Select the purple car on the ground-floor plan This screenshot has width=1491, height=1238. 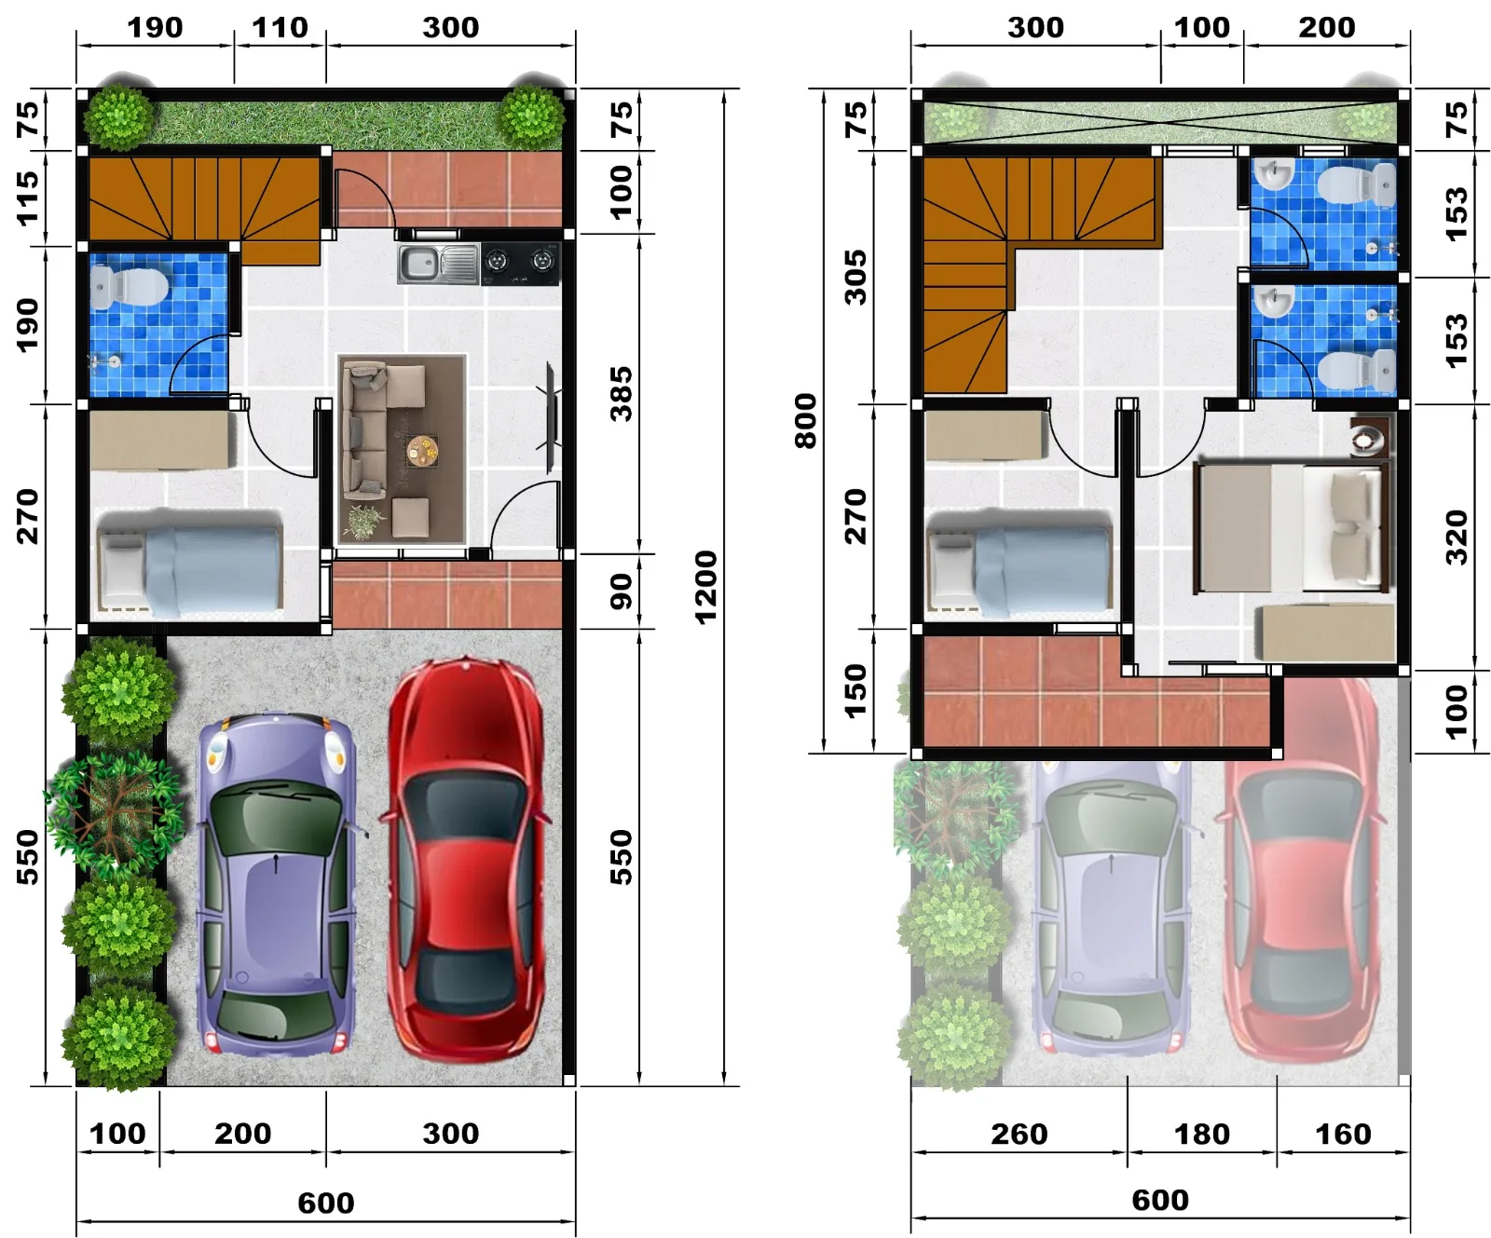(275, 884)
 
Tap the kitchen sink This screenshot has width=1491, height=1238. (438, 265)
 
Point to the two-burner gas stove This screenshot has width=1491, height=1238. (520, 265)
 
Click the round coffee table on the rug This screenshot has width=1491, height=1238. (422, 451)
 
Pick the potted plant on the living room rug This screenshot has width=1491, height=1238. (362, 521)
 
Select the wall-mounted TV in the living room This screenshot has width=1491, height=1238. (551, 416)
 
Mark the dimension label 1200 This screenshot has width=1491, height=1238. (705, 587)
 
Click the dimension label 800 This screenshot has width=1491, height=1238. (805, 421)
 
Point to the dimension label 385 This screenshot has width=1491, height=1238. (621, 394)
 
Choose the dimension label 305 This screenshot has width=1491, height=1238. (855, 277)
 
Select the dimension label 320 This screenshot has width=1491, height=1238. (1457, 537)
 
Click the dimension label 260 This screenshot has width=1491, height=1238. (1019, 1134)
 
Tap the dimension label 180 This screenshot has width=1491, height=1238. (1202, 1134)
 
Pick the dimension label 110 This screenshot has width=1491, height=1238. (280, 27)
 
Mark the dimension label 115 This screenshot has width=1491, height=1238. (28, 197)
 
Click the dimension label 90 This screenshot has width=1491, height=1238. (621, 592)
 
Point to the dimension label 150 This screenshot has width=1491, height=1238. (855, 690)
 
